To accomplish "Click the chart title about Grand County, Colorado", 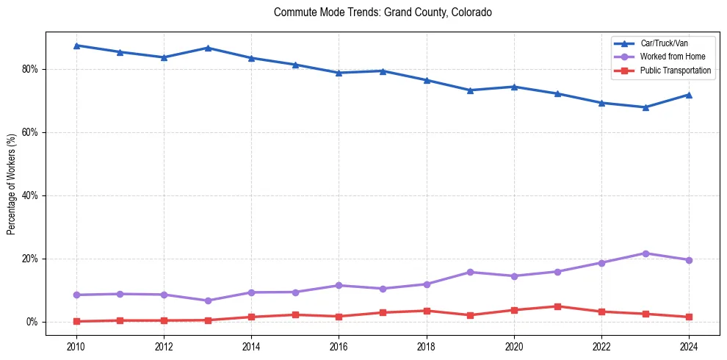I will pos(383,12).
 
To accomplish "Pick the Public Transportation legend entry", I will pos(675,71).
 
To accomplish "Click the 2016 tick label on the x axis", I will pos(339,346).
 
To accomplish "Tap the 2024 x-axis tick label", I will pos(689,346).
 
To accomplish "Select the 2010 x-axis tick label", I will pos(76,346).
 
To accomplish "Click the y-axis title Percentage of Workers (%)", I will pos(12,184).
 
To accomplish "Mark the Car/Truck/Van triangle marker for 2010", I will pos(76,46).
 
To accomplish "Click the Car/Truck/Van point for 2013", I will pos(207,48).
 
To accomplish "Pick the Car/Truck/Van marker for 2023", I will pos(645,107).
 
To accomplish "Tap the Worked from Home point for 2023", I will pos(645,253).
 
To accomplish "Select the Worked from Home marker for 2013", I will pos(207,300).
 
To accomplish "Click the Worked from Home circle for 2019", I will pos(470,272).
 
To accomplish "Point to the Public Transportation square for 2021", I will pos(557,306).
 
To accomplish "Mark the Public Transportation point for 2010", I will pos(76,321).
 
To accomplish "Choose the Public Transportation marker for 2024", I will pos(689,317).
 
